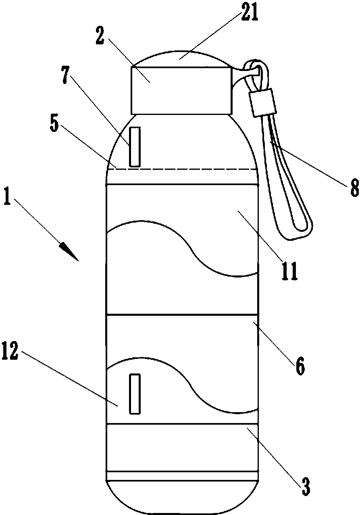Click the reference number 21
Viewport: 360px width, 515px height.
(249, 13)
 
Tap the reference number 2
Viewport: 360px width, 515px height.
(100, 35)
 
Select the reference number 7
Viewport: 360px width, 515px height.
(65, 75)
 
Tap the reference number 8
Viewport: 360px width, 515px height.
(354, 188)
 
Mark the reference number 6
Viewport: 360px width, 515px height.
(300, 366)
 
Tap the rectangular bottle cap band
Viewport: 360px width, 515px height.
(181, 91)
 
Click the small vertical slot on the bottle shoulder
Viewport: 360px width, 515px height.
(135, 146)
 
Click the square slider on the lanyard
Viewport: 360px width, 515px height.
(262, 102)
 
